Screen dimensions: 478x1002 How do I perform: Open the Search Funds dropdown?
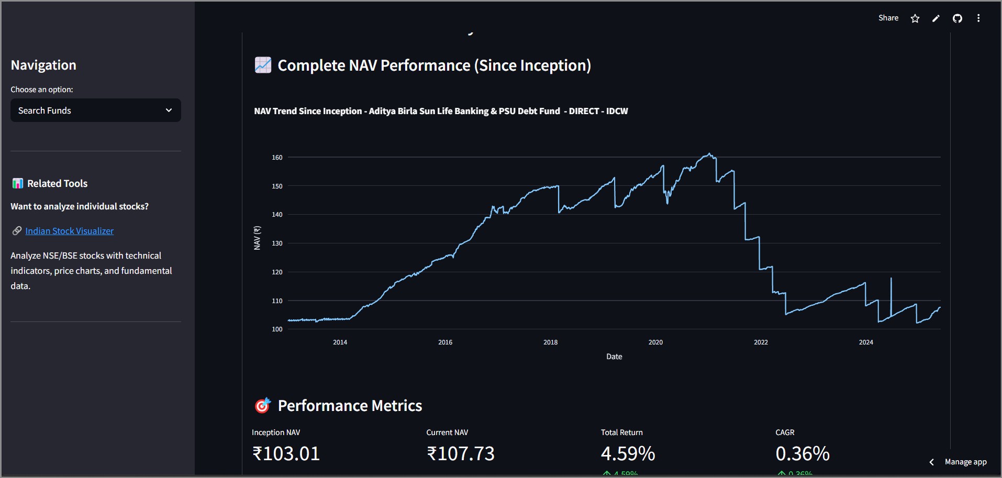(95, 110)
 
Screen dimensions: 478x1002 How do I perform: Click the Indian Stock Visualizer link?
(69, 231)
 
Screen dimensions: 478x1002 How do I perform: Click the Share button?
(888, 18)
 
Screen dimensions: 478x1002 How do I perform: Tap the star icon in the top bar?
(915, 18)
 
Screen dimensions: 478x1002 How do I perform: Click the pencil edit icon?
(936, 18)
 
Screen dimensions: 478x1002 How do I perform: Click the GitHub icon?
(957, 18)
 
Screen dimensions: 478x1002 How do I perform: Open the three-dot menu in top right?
(978, 18)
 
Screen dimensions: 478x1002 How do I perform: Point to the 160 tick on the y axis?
(277, 158)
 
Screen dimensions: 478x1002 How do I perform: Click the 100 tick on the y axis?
(277, 329)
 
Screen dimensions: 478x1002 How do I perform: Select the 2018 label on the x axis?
(550, 342)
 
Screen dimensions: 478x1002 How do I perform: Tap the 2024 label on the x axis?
(866, 342)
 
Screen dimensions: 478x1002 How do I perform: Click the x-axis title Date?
(614, 357)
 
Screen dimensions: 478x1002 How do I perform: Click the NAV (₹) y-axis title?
(257, 238)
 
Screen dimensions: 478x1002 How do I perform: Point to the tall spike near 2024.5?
(891, 280)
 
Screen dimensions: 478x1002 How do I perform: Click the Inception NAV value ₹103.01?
(286, 453)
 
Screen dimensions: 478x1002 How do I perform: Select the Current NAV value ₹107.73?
(460, 453)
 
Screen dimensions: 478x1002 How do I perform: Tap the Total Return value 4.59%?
(628, 453)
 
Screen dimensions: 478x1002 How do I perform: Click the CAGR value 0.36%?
(802, 453)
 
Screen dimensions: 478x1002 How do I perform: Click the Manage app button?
(965, 462)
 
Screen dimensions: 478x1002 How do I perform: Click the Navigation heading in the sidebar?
(43, 65)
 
